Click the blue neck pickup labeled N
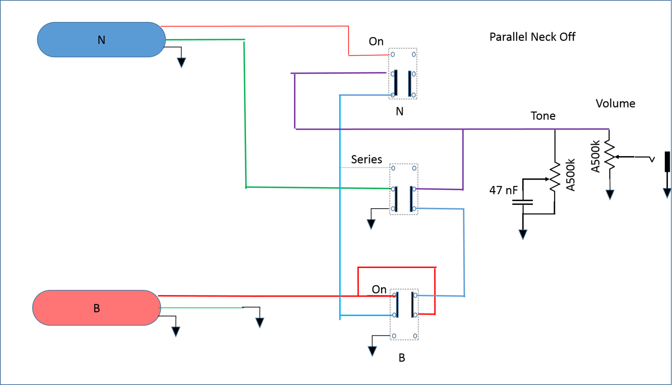(x=101, y=40)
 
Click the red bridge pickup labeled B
(x=97, y=308)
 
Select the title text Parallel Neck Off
(x=532, y=37)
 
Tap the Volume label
(x=615, y=104)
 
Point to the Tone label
(x=543, y=116)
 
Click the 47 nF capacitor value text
(x=504, y=190)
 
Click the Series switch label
(x=366, y=159)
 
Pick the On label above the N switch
(x=376, y=41)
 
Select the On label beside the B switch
(x=379, y=289)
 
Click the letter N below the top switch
(x=399, y=112)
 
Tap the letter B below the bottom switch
(x=402, y=358)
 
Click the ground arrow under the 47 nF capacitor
(x=523, y=234)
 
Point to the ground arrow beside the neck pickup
(x=181, y=63)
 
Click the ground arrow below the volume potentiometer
(x=610, y=195)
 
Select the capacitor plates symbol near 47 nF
(x=522, y=202)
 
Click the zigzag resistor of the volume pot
(x=610, y=155)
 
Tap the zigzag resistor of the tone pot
(x=555, y=177)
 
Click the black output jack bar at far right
(x=667, y=162)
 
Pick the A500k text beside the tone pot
(x=570, y=175)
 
